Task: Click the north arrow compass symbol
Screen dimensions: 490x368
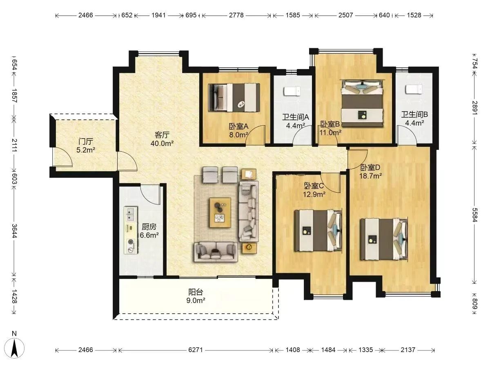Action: click(x=14, y=348)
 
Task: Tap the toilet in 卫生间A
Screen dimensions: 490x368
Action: click(x=292, y=91)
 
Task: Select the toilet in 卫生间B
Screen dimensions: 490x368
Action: click(x=414, y=90)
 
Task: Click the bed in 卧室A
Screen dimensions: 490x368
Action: click(x=234, y=97)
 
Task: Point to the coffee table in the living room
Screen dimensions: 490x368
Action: click(x=220, y=213)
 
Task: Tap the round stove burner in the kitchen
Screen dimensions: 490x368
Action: click(x=131, y=242)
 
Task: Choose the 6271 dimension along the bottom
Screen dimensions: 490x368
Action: click(x=195, y=350)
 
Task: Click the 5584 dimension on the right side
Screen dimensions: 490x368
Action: click(x=474, y=215)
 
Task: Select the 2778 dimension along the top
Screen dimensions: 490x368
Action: click(x=236, y=15)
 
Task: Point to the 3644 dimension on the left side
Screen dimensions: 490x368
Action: click(x=14, y=231)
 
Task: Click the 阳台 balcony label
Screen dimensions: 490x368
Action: click(x=196, y=292)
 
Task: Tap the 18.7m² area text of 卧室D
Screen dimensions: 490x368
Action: click(x=370, y=176)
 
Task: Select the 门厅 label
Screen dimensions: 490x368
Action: click(x=86, y=141)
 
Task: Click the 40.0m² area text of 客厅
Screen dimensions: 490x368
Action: click(x=162, y=144)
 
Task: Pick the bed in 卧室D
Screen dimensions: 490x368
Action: click(x=383, y=239)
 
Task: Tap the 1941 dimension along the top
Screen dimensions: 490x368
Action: click(x=158, y=15)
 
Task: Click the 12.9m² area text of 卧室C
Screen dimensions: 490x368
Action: click(x=314, y=194)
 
